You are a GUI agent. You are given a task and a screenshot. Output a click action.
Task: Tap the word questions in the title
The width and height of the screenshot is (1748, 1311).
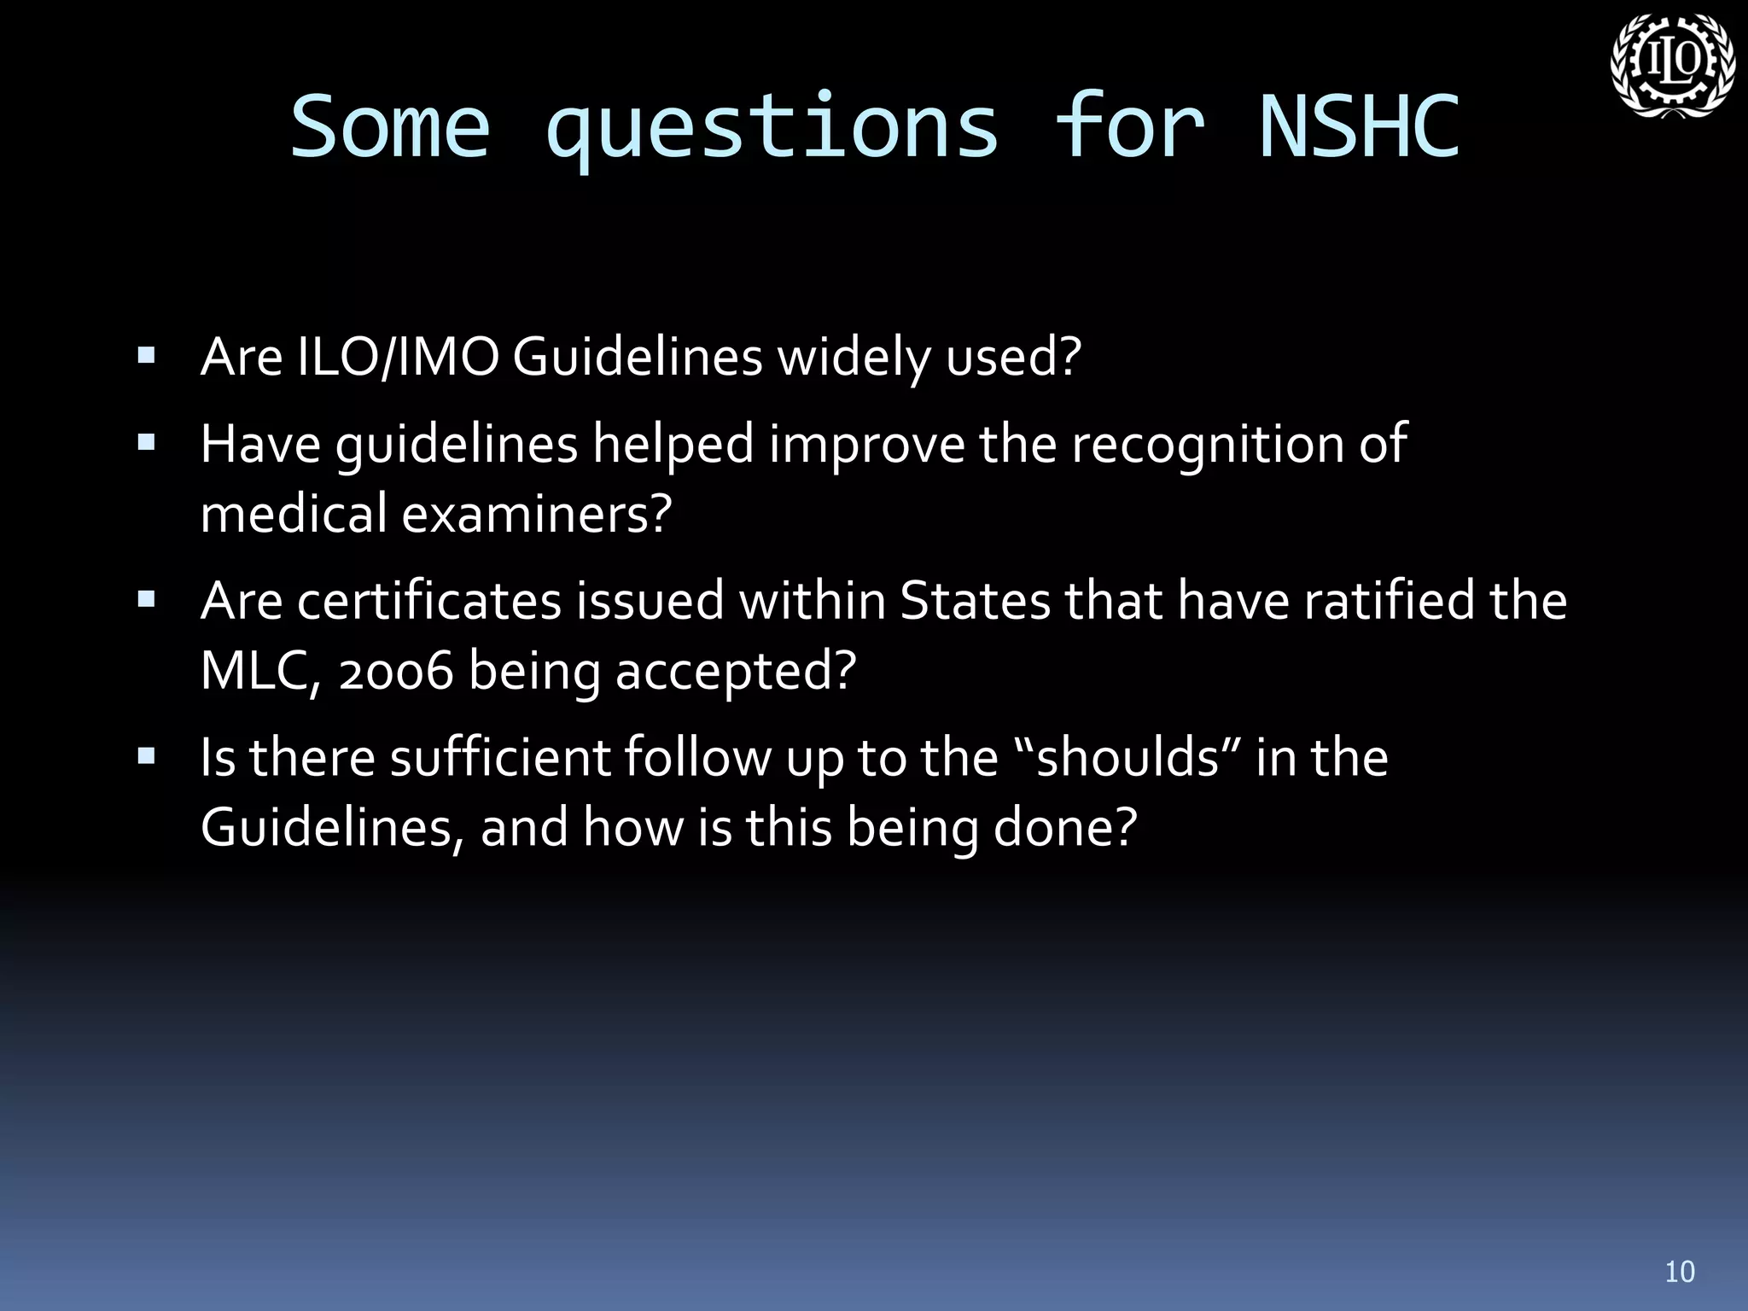click(x=772, y=128)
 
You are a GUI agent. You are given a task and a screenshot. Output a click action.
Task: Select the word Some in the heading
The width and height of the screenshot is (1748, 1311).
click(x=391, y=128)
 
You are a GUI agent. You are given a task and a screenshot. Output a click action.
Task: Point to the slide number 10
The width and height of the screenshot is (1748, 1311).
click(x=1680, y=1272)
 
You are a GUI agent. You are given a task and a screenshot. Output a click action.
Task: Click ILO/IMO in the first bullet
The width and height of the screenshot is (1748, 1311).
click(x=398, y=357)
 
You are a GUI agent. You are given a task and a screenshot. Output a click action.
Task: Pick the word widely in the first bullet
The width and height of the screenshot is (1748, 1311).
click(x=854, y=357)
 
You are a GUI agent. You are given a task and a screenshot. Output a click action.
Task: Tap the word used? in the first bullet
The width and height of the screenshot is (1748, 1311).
click(x=1013, y=357)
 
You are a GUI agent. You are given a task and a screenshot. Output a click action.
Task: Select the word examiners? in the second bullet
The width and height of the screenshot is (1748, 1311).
click(x=537, y=514)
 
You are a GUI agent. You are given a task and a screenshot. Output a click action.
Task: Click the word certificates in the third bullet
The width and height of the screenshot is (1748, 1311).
click(x=429, y=600)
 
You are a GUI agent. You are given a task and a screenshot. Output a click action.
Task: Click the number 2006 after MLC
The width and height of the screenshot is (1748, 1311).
click(x=395, y=671)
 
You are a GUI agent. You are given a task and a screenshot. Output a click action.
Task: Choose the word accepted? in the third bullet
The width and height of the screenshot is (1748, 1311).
click(x=735, y=671)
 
